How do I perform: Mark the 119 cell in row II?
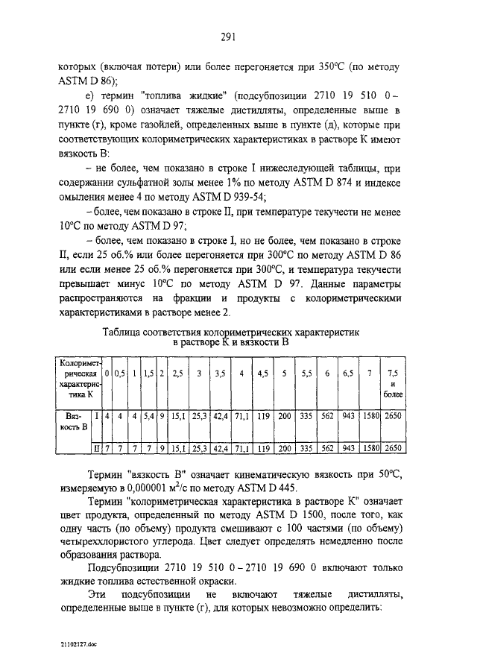tap(263, 449)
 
